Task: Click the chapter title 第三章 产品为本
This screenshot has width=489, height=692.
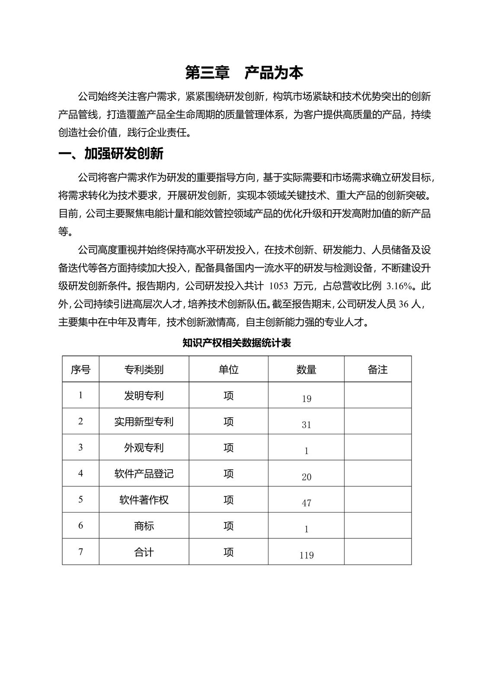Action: click(x=244, y=73)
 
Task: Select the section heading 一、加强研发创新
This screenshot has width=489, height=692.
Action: click(x=111, y=154)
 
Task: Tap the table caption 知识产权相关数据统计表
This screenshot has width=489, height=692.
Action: click(x=237, y=343)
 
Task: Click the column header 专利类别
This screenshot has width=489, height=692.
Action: click(x=144, y=369)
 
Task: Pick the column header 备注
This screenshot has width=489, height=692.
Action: click(x=377, y=369)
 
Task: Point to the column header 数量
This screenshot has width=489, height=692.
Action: click(x=306, y=369)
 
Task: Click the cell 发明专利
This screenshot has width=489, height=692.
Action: click(x=144, y=396)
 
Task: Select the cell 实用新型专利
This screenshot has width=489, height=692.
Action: click(x=144, y=422)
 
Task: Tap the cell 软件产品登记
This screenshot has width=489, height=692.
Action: click(x=144, y=474)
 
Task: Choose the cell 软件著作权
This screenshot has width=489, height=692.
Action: click(x=144, y=500)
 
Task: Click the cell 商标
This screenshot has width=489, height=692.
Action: click(x=144, y=526)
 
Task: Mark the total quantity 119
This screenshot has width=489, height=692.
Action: click(x=306, y=555)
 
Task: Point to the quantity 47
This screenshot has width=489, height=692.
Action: click(x=306, y=503)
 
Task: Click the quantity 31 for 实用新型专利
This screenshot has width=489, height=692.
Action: click(x=306, y=425)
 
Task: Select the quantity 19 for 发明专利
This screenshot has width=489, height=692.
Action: click(x=306, y=399)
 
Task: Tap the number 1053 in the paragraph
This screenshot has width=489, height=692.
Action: click(x=279, y=286)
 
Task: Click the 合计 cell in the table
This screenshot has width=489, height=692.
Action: click(x=144, y=552)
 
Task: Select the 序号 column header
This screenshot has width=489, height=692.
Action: click(x=80, y=369)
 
